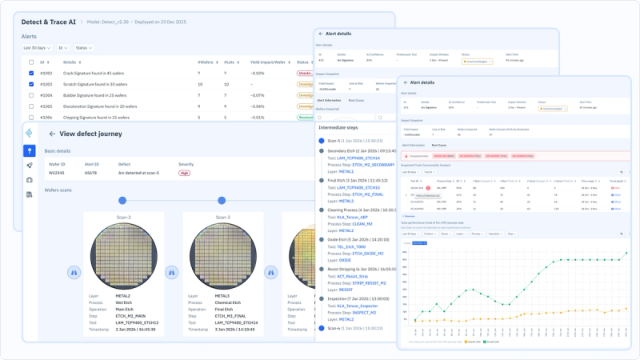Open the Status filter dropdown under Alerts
point(84,48)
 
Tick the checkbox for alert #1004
point(31,94)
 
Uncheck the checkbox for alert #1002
point(31,73)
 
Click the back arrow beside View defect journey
point(52,134)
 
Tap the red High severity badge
point(184,173)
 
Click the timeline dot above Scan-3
point(222,200)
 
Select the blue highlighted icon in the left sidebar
point(30,150)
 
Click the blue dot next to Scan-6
point(322,328)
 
